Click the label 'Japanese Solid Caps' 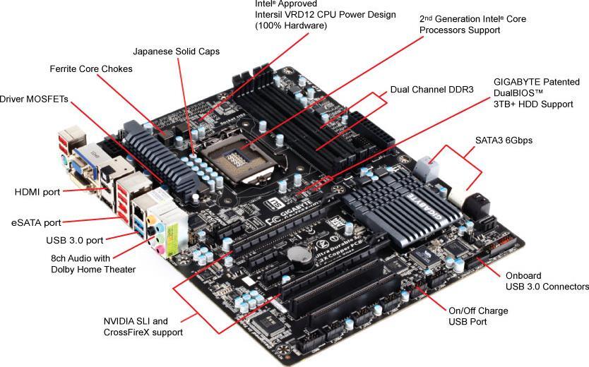point(176,52)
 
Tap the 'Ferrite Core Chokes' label point(91,69)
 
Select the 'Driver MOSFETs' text point(34,100)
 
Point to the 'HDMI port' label point(37,191)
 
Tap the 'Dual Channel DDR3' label point(431,90)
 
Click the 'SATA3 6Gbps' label point(504,140)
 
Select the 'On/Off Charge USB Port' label point(478,316)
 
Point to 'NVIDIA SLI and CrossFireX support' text point(143,326)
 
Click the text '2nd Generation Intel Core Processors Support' point(472,25)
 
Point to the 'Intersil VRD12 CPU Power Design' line point(325,15)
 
